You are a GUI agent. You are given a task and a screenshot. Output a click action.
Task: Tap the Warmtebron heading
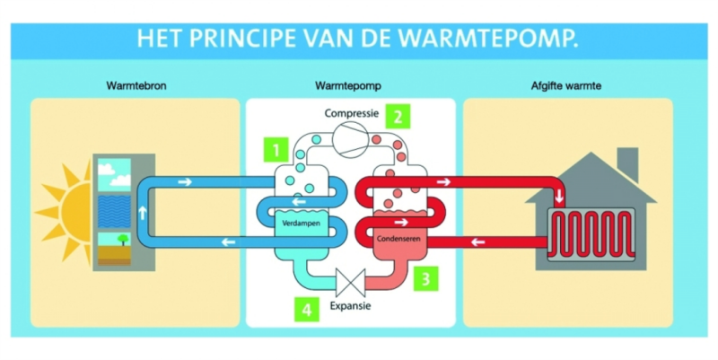tap(136, 86)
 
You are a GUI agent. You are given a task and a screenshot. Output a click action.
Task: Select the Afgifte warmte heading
tap(567, 86)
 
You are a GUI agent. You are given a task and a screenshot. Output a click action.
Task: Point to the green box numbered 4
tap(307, 310)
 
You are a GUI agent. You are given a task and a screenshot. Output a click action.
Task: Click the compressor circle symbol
tap(350, 140)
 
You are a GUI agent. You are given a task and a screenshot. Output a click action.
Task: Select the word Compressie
tap(353, 114)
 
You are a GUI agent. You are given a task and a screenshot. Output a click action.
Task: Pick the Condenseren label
tap(398, 239)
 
